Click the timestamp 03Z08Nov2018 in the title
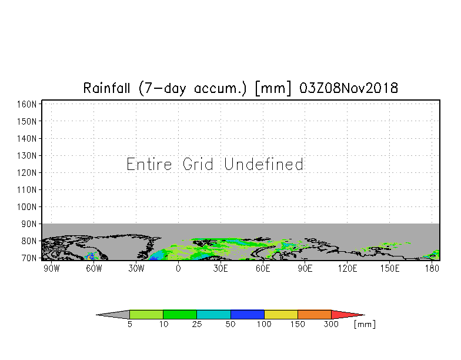coord(349,88)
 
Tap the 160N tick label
coord(27,104)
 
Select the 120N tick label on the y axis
coord(27,173)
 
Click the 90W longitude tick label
coord(51,269)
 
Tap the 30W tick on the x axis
coord(136,269)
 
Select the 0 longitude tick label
coord(178,269)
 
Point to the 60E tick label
coord(263,269)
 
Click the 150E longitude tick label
coord(390,269)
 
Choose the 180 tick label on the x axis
coord(432,269)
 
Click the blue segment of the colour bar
coord(248,315)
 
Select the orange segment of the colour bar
coord(315,315)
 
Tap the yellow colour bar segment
coord(281,315)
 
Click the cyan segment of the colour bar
coord(213,315)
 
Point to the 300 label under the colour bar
coord(332,325)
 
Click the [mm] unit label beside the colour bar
coord(365,324)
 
